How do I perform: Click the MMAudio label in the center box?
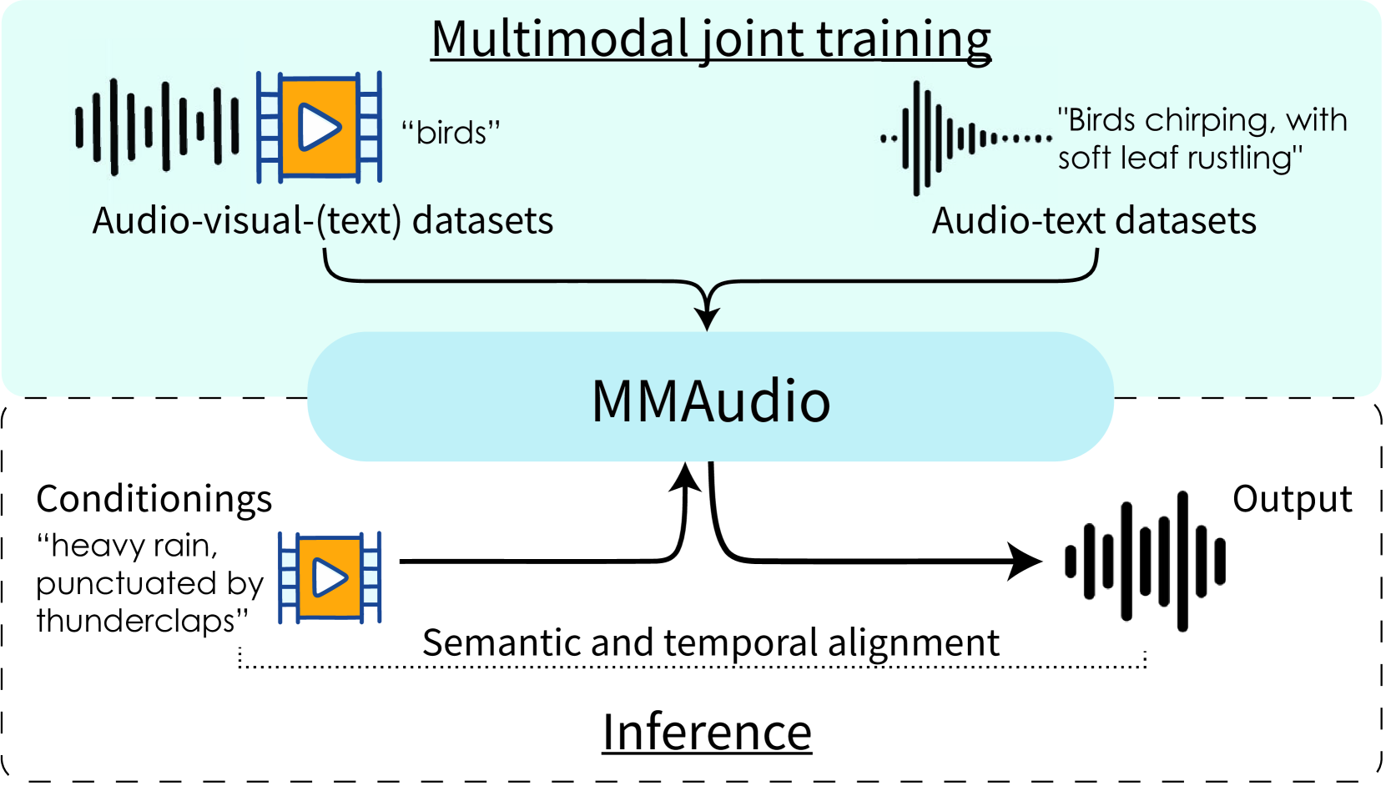(711, 401)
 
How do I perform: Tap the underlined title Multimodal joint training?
(711, 39)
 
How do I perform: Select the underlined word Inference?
(707, 733)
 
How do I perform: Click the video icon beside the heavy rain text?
(330, 577)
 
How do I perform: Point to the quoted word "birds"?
(451, 133)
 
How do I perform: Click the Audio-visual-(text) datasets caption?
(322, 221)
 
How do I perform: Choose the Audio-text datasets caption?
(1094, 221)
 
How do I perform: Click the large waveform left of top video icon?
(158, 127)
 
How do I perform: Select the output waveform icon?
(1146, 561)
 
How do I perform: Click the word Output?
(1292, 499)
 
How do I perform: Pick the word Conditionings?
(154, 499)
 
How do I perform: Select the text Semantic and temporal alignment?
(710, 642)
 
